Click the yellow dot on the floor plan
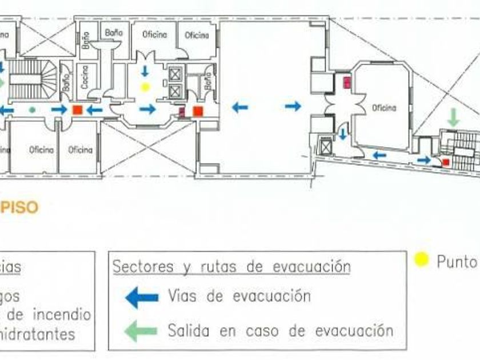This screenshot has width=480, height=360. [145, 87]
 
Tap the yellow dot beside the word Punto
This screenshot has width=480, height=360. [422, 260]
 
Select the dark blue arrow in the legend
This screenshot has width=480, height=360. [142, 297]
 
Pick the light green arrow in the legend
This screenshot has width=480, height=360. [142, 330]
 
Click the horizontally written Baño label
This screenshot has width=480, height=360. [114, 33]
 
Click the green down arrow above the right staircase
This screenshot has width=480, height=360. [453, 118]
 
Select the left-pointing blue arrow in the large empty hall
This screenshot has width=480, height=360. [240, 106]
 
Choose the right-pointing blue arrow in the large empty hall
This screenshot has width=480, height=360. [293, 106]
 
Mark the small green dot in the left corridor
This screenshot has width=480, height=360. [32, 109]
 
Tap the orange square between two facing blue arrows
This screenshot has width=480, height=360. [77, 110]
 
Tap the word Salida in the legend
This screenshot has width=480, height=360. [189, 330]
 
